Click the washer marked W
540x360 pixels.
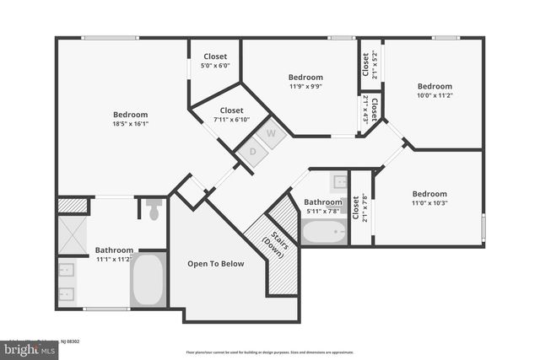pyautogui.click(x=272, y=133)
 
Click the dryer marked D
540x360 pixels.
pyautogui.click(x=251, y=152)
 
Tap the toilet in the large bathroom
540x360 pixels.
pyautogui.click(x=154, y=209)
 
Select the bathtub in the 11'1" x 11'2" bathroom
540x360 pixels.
pyautogui.click(x=148, y=280)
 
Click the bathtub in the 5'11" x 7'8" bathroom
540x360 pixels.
pyautogui.click(x=324, y=232)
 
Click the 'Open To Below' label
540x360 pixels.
pyautogui.click(x=216, y=264)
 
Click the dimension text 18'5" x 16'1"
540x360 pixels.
pyautogui.click(x=131, y=124)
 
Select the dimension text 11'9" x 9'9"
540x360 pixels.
pyautogui.click(x=305, y=86)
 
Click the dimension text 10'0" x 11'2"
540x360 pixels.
pyautogui.click(x=435, y=95)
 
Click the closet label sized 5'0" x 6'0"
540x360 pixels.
pyautogui.click(x=215, y=65)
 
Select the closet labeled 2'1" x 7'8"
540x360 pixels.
pyautogui.click(x=360, y=207)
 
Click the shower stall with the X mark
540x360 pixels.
pyautogui.click(x=73, y=236)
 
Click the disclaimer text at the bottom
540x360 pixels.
pyautogui.click(x=269, y=352)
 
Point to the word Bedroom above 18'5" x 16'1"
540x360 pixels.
pyautogui.click(x=131, y=115)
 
